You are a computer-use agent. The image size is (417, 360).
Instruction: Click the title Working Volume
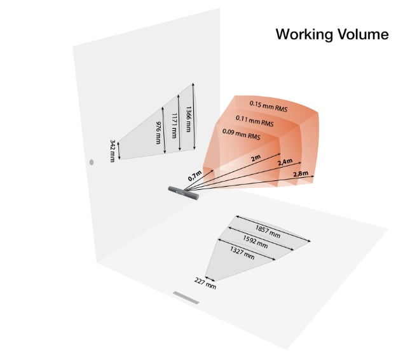[331, 34]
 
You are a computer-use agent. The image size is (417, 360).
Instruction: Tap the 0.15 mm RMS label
[268, 104]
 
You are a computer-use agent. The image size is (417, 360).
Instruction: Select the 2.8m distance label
[300, 173]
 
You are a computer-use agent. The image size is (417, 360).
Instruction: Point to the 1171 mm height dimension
[174, 123]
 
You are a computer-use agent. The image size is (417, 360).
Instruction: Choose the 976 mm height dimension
[159, 131]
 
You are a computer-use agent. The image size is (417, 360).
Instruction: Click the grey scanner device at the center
[184, 191]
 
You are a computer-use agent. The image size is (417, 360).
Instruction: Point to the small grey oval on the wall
[91, 163]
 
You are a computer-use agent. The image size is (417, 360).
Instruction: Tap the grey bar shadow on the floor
[186, 297]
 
